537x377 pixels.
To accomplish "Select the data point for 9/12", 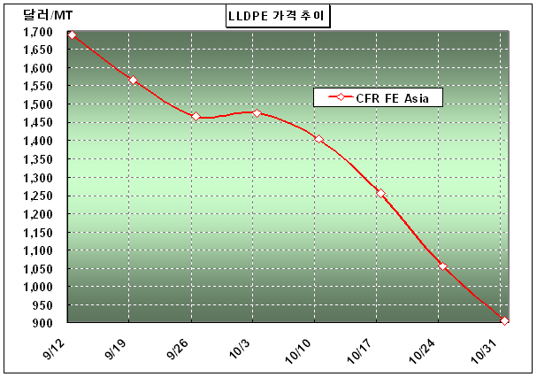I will (x=72, y=35).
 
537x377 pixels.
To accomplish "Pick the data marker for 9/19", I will (x=133, y=81).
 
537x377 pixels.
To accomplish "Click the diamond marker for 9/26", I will (x=196, y=116).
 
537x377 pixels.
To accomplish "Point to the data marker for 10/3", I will (x=257, y=113).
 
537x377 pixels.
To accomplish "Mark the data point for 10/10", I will (x=318, y=139).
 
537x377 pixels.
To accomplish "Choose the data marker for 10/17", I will (x=380, y=193).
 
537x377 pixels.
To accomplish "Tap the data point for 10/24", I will (x=442, y=266).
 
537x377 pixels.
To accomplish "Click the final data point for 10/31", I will (x=504, y=320).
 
